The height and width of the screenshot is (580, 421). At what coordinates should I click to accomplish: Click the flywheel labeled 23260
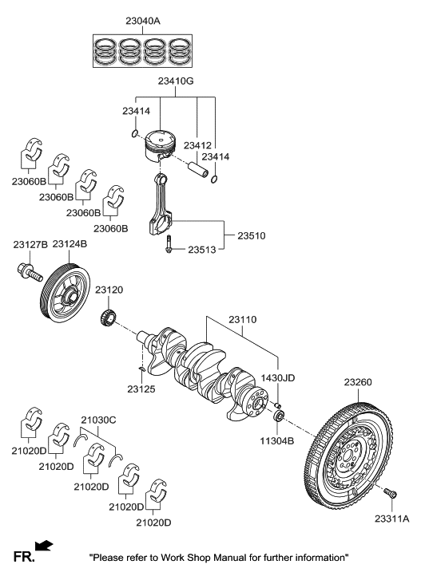click(x=355, y=454)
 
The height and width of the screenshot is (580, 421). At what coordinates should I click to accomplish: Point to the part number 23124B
click(x=70, y=244)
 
